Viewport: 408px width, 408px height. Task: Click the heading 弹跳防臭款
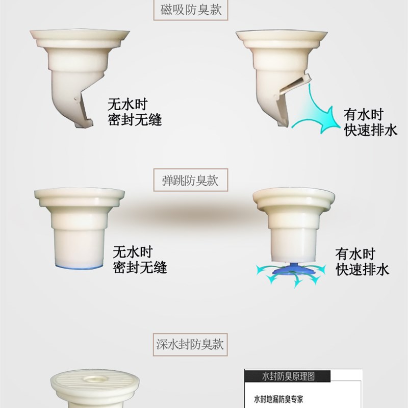click(190, 181)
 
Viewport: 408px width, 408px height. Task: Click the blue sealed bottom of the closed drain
click(80, 266)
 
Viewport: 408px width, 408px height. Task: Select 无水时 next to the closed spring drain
click(132, 252)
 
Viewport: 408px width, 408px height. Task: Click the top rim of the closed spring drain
click(79, 194)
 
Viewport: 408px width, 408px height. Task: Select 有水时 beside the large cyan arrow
click(363, 114)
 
